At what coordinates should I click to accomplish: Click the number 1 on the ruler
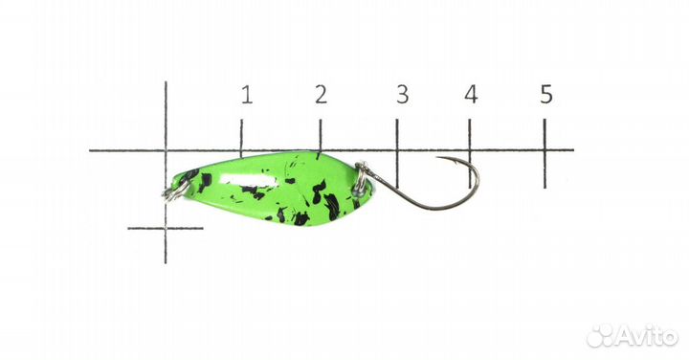[247, 94]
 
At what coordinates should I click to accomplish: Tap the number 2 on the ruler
[321, 94]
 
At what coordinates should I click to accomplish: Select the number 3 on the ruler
[402, 94]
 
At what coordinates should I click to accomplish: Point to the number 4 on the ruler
[471, 94]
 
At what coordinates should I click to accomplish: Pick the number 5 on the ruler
[545, 94]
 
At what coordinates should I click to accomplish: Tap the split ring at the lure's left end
[171, 191]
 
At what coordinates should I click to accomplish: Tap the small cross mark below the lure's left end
[166, 228]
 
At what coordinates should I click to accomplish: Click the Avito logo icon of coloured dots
[600, 335]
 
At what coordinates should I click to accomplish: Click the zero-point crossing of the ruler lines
[166, 150]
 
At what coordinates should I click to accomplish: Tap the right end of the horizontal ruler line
[572, 150]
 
